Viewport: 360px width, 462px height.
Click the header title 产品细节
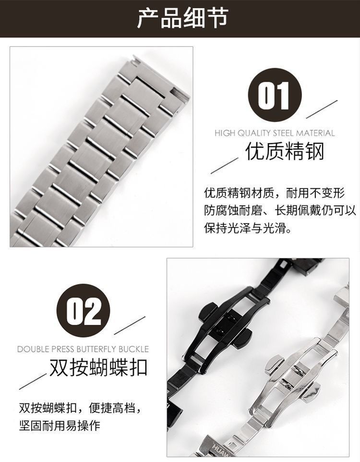point(183,18)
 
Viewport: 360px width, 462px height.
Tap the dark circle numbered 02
point(83,311)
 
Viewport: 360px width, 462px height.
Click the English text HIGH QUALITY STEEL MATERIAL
point(275,133)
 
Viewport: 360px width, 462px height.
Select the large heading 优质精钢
point(285,151)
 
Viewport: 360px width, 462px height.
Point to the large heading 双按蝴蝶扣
point(98,367)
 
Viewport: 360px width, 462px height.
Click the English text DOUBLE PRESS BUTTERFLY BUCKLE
point(83,349)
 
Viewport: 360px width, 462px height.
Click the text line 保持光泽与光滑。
point(248,228)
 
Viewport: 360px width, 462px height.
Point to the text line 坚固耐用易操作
point(60,425)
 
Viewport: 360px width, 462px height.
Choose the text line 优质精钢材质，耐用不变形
point(274,193)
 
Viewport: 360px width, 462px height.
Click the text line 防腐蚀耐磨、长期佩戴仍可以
point(280,210)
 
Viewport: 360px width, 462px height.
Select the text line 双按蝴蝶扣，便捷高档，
point(80,408)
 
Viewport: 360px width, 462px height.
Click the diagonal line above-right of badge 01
point(322,109)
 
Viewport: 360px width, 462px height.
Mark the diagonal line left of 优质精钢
point(225,166)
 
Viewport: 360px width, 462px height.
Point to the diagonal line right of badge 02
point(130,325)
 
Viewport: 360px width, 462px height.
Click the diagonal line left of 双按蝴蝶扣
point(33,382)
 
